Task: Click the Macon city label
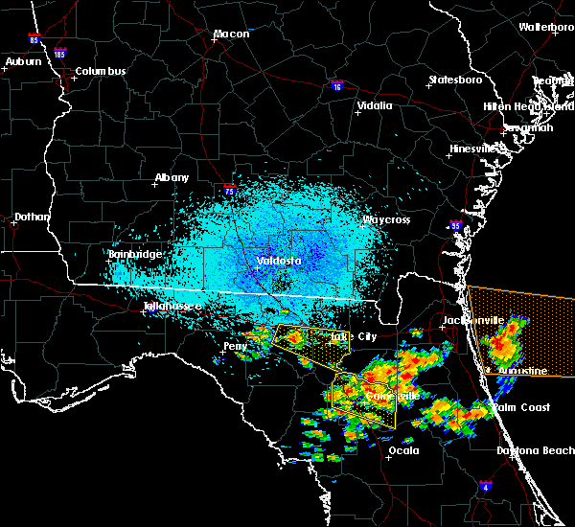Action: [x=231, y=34]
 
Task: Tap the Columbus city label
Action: [x=101, y=72]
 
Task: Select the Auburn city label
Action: [x=24, y=62]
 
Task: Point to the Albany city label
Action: [x=172, y=177]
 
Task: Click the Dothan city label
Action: [x=32, y=218]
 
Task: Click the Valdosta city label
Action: [x=279, y=261]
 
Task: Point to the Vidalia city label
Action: [x=373, y=106]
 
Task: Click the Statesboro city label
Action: [x=452, y=80]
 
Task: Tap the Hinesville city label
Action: [x=474, y=149]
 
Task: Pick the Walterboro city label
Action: [x=546, y=28]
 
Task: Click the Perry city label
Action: [x=235, y=345]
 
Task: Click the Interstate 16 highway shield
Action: [x=336, y=86]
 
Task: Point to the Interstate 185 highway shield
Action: [x=60, y=54]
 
